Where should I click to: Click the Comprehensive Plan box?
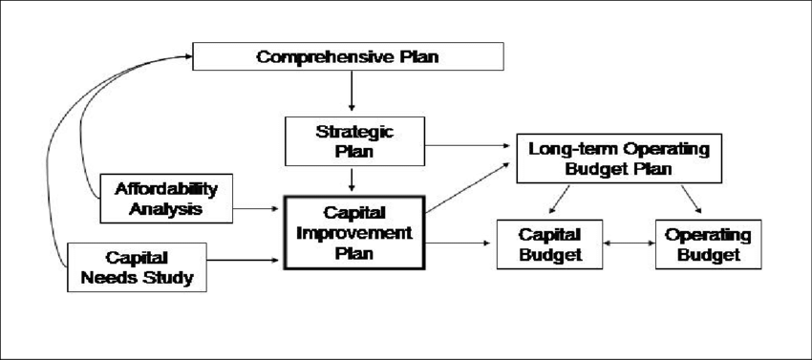pyautogui.click(x=349, y=56)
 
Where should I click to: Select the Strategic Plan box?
pyautogui.click(x=353, y=139)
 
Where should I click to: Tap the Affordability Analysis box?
pyautogui.click(x=166, y=198)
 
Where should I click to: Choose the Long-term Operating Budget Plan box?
pyautogui.click(x=619, y=159)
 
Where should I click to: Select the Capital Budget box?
pyautogui.click(x=550, y=244)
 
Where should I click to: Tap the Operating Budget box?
pyautogui.click(x=707, y=244)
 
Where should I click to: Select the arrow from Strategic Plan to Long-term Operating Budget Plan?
pyautogui.click(x=468, y=145)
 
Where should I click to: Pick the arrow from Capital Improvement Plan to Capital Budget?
pyautogui.click(x=460, y=244)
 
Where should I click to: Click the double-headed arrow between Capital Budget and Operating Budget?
pyautogui.click(x=630, y=244)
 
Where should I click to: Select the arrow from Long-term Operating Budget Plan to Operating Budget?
pyautogui.click(x=690, y=199)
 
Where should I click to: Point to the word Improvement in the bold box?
pyautogui.click(x=353, y=233)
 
